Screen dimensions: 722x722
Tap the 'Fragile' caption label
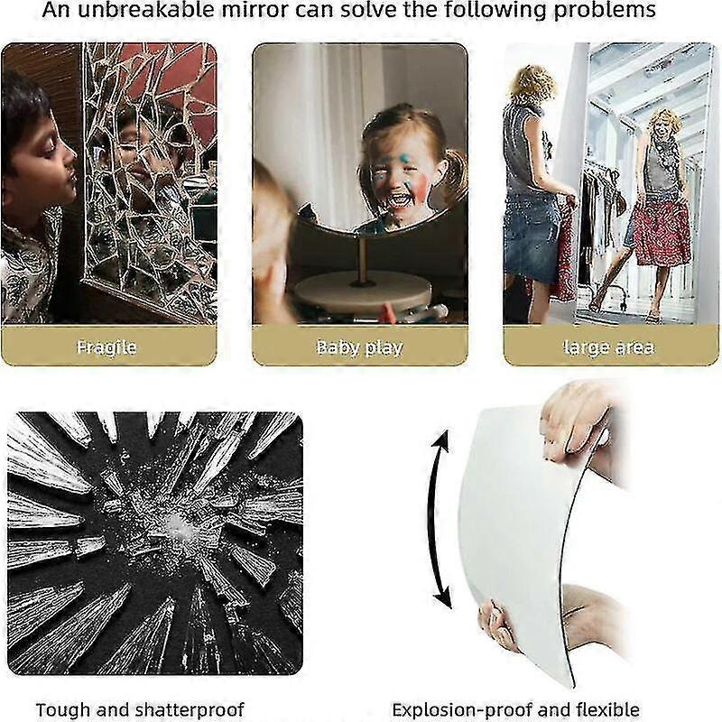point(106,347)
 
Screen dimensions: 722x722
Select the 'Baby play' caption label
point(359,347)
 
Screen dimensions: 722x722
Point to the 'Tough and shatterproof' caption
point(140,710)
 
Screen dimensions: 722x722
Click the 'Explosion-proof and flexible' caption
point(515,710)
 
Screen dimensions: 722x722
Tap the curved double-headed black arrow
point(439,520)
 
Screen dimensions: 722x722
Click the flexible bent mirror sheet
point(514,523)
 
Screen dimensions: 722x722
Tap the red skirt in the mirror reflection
point(661,230)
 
